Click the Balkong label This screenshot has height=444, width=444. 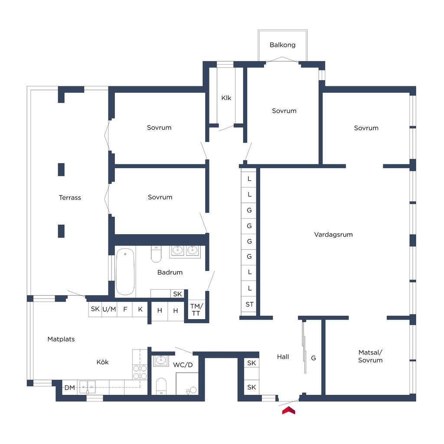coord(282,45)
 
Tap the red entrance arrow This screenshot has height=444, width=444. coord(289,410)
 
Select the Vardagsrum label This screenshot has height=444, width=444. coord(333,235)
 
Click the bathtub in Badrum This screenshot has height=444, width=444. coord(125,271)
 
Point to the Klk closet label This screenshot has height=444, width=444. coord(226,98)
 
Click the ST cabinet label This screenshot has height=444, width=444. coord(249,304)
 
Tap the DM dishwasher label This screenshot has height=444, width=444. coord(69,388)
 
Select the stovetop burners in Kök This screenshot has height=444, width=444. coord(140,372)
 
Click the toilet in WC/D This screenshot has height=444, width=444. coord(161,385)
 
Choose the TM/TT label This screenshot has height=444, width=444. coord(196,310)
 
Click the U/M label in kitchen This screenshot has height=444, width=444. coord(109,310)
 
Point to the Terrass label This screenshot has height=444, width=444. coord(70,198)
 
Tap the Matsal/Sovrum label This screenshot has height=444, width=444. coord(370,356)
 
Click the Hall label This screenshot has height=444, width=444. coord(283,357)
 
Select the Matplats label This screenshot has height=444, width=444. coord(61,339)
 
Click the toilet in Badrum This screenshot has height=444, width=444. coord(156,254)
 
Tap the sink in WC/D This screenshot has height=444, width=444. coord(161,360)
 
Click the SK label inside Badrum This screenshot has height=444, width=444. coord(177,294)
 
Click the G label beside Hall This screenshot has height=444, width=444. coord(313,358)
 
